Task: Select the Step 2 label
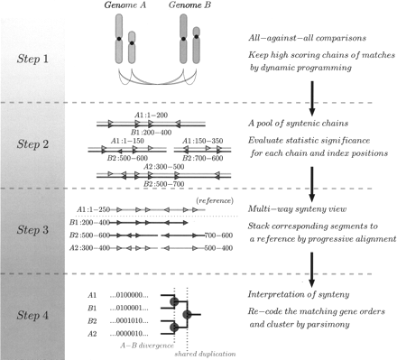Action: (x=32, y=143)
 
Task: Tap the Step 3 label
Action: (x=32, y=228)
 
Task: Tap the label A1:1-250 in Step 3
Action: (x=94, y=208)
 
